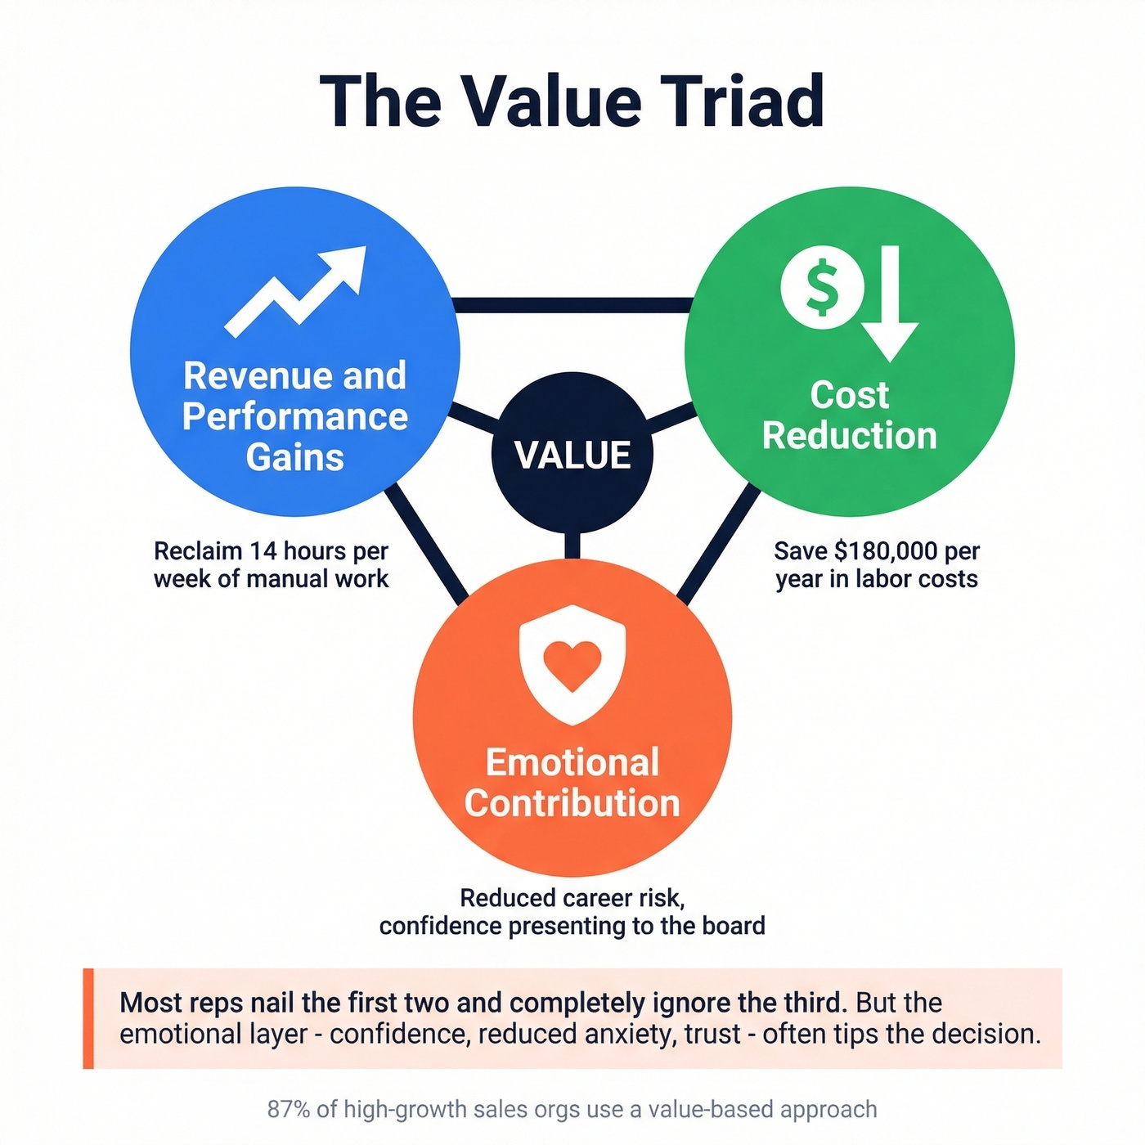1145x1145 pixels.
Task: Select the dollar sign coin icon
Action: click(822, 288)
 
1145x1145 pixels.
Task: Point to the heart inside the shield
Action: click(572, 663)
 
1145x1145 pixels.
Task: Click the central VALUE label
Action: click(572, 456)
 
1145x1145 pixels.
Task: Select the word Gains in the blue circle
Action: click(295, 457)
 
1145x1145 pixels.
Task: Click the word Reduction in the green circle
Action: click(850, 435)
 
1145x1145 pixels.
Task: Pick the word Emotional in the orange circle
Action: click(572, 762)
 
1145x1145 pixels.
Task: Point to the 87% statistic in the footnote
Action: click(289, 1110)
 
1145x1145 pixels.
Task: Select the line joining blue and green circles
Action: click(572, 305)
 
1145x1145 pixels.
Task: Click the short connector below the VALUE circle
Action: click(572, 546)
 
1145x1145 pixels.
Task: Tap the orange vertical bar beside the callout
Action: click(88, 1018)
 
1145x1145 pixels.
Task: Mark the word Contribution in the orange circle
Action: click(572, 803)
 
